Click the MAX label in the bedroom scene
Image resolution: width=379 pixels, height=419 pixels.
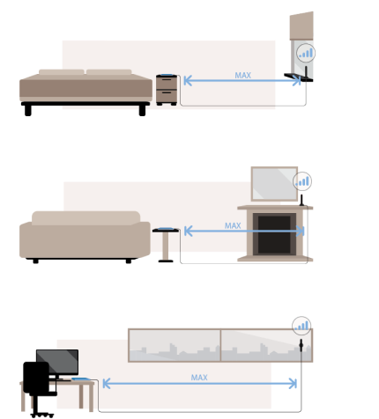242,76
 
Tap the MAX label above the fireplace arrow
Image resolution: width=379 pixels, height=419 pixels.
233,225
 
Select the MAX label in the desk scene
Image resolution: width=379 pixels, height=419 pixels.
199,378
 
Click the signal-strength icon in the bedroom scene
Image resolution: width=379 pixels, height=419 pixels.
306,53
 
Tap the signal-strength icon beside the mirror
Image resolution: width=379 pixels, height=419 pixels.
302,181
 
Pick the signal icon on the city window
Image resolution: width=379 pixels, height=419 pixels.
301,326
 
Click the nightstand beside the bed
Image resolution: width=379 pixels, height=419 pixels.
167,90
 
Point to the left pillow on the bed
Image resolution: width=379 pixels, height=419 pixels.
62,72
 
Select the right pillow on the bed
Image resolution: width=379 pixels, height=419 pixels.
108,72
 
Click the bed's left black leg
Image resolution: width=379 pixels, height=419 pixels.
28,111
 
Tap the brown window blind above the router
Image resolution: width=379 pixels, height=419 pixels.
301,26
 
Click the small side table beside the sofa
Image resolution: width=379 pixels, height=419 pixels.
166,245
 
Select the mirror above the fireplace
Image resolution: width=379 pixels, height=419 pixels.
274,184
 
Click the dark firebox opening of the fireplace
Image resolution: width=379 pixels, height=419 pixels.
274,234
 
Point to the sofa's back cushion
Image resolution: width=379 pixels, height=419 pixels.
85,218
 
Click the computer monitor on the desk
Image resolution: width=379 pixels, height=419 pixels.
57,364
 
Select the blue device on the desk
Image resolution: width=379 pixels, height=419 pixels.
81,379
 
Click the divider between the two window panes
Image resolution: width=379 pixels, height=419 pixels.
220,345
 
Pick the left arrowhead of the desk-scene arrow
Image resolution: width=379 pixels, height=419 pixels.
107,384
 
